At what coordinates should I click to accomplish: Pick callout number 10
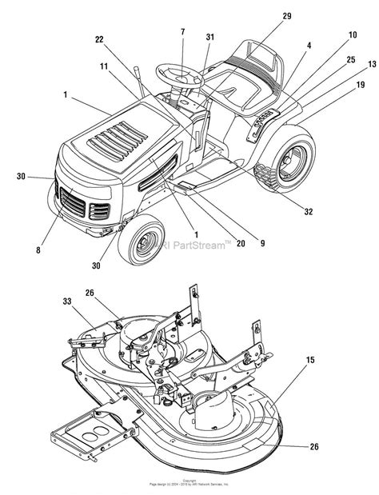(x=330, y=35)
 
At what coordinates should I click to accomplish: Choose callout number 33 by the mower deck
(x=66, y=301)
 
